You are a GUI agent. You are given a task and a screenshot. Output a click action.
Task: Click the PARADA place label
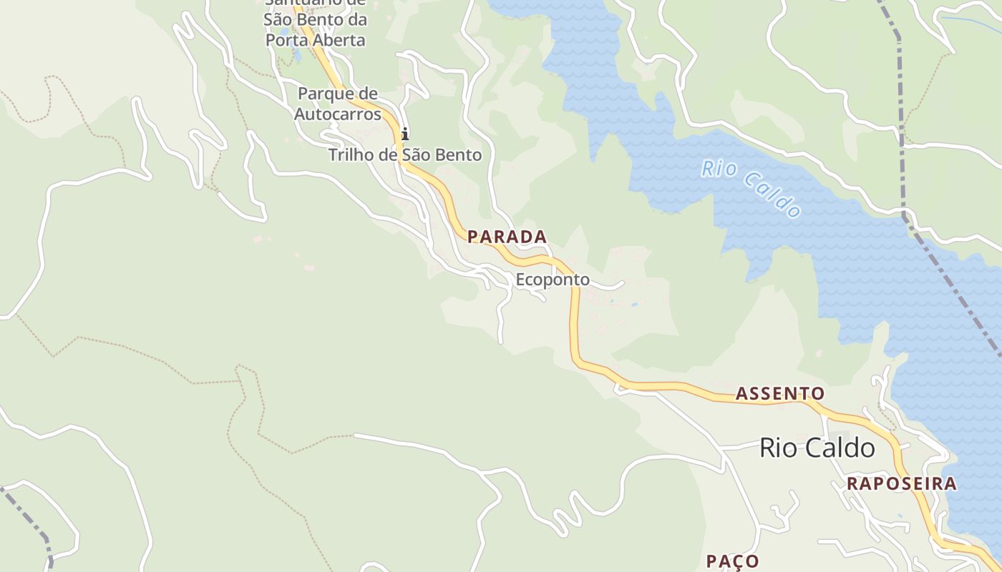click(x=507, y=237)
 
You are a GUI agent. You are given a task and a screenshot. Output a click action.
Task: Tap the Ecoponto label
click(x=553, y=280)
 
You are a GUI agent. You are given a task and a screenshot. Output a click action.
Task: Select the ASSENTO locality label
click(x=779, y=393)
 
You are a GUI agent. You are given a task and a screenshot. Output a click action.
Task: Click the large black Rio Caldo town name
click(x=817, y=448)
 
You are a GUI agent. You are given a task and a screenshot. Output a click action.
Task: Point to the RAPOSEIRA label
click(x=901, y=483)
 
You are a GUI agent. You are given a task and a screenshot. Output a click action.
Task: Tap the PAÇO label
click(x=732, y=561)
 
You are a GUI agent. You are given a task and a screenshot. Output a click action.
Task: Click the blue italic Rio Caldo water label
click(x=751, y=188)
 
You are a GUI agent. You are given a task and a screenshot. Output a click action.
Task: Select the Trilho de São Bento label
click(x=404, y=154)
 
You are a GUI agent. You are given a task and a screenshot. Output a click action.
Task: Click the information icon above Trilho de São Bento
click(x=405, y=134)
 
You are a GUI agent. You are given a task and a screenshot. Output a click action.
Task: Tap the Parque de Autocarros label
click(x=337, y=104)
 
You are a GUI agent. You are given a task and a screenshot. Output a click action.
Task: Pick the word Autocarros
click(x=337, y=114)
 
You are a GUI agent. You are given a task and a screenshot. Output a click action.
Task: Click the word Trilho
click(x=349, y=154)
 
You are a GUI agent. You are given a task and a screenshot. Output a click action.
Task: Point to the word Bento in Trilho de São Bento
click(x=459, y=154)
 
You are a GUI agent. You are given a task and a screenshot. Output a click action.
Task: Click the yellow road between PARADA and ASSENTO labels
click(x=574, y=322)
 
